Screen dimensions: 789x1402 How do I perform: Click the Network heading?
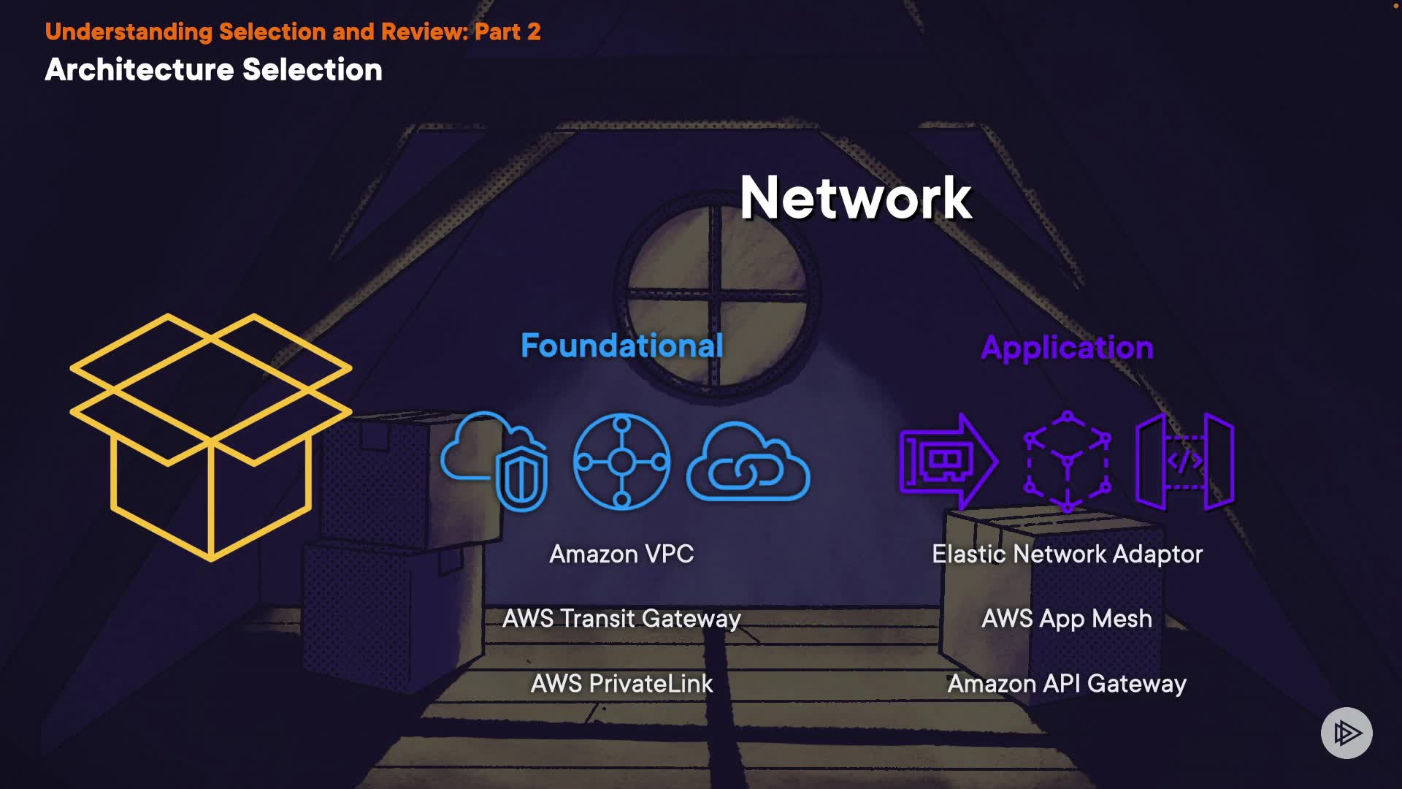click(x=855, y=198)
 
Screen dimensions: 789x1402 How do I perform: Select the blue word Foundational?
click(x=621, y=346)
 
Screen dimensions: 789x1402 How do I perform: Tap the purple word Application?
click(x=1067, y=348)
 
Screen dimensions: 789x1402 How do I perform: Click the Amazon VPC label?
click(x=621, y=554)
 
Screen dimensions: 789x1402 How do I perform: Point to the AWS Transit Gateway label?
click(x=621, y=619)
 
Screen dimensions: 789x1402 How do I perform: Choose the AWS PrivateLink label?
click(x=621, y=684)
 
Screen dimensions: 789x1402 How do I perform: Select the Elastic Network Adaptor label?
click(x=1067, y=554)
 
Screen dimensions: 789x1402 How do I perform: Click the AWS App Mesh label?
click(x=1067, y=619)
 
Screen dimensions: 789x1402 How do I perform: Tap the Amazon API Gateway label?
click(x=1067, y=684)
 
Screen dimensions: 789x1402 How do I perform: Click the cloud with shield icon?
click(x=494, y=461)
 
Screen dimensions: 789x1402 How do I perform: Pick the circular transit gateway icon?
click(x=621, y=461)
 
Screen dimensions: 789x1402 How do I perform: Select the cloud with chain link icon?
click(x=748, y=462)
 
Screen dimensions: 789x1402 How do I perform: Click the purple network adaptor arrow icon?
click(x=948, y=461)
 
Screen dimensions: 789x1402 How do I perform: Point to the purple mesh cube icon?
click(x=1067, y=461)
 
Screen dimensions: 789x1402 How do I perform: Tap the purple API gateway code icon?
click(x=1184, y=461)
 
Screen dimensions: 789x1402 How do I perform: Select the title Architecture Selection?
click(x=213, y=70)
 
